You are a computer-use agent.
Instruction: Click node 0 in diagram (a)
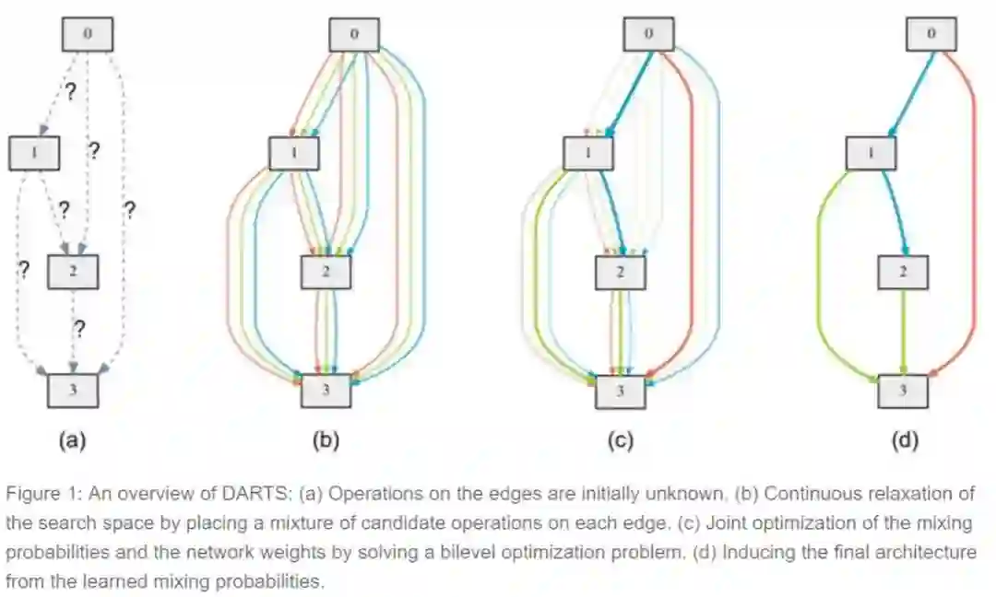point(87,35)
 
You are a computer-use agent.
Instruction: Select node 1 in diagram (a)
point(33,153)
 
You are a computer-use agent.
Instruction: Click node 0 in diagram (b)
point(355,35)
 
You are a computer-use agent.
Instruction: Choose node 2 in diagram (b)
point(326,270)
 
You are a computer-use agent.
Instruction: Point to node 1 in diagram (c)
point(587,153)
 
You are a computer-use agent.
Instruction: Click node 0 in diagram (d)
point(931,35)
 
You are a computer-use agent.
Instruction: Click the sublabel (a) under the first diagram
point(72,440)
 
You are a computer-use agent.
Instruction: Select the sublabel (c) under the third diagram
point(620,440)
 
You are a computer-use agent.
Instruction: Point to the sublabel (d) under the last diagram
point(904,440)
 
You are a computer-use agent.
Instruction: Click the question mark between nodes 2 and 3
point(79,328)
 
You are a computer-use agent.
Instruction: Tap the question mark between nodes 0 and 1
point(68,92)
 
